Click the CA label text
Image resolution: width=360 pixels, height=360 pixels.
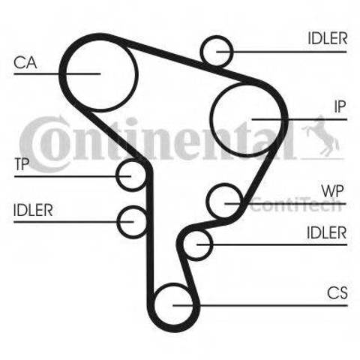coord(25,62)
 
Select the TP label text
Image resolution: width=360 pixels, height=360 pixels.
coord(22,164)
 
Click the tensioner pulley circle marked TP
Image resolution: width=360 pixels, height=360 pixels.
coord(118,176)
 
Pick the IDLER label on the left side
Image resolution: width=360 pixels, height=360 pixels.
coord(33,210)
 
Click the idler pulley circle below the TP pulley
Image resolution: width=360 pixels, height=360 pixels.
coord(118,222)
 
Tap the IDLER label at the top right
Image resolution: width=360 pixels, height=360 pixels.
coord(327,39)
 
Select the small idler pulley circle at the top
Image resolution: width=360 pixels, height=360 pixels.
coord(202,51)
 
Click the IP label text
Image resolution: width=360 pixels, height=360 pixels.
coord(340,106)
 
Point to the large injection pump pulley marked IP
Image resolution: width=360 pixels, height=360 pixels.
coord(211,119)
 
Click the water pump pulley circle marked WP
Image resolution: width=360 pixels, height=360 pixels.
coord(208,201)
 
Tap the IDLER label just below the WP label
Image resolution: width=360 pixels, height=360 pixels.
coord(326,232)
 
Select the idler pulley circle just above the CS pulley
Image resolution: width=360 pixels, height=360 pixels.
coord(184,245)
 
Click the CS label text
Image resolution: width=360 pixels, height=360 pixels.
coord(337,292)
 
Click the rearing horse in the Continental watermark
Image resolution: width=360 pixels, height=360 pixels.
coord(321,136)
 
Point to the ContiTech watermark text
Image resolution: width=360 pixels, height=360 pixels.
coord(296,205)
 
